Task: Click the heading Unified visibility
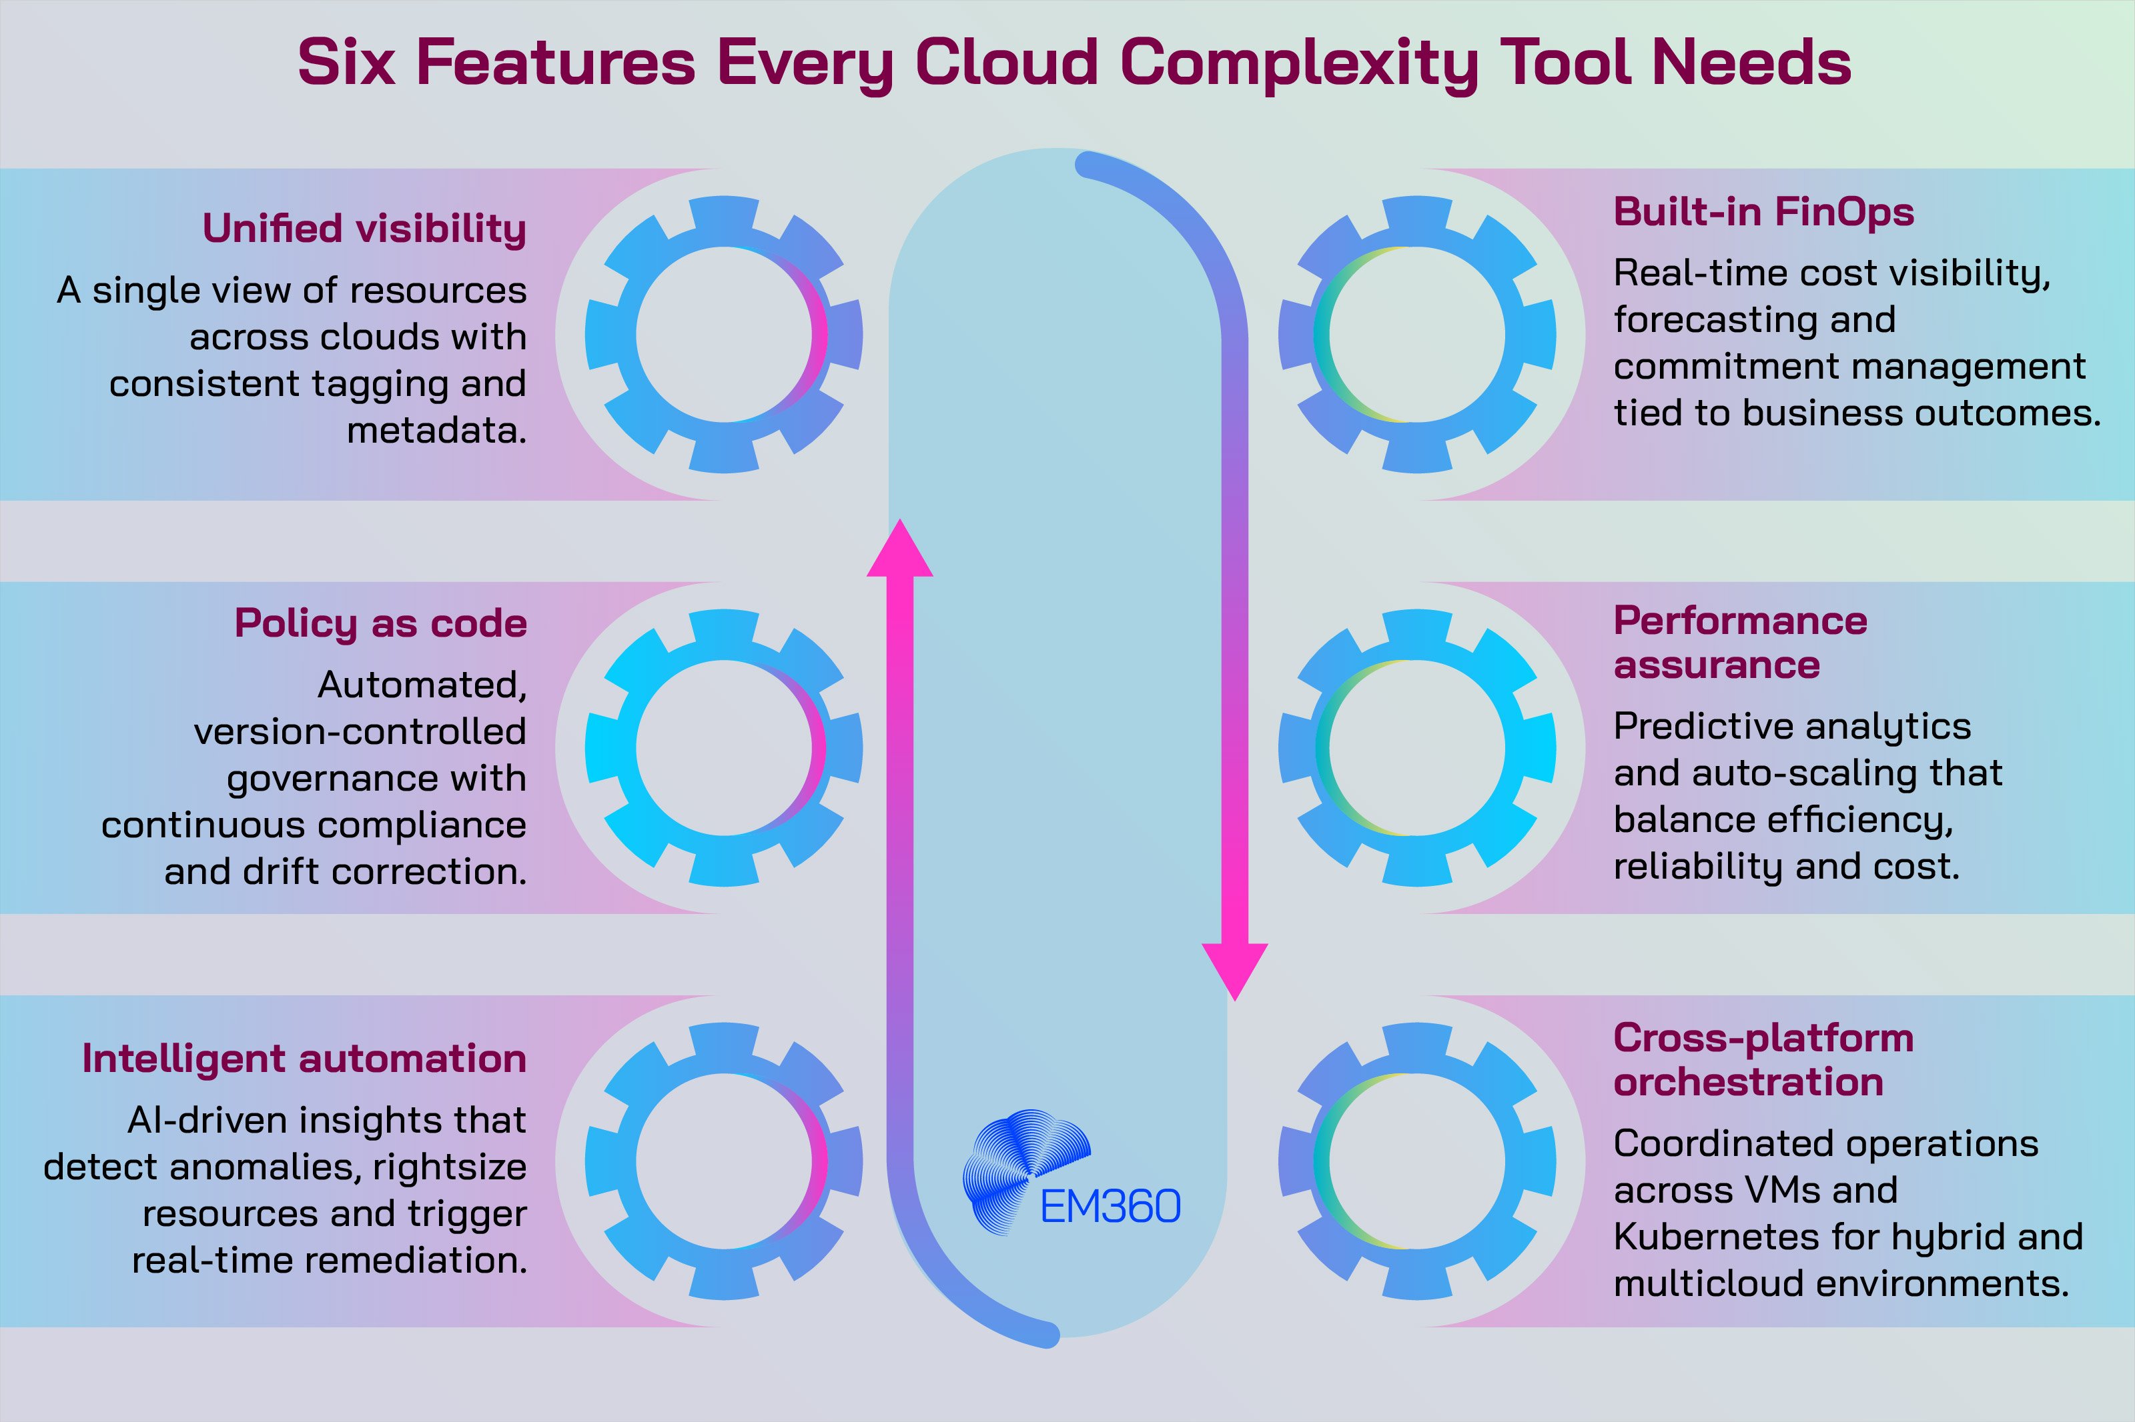coord(364,229)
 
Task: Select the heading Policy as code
coord(380,624)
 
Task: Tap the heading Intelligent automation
coord(304,1059)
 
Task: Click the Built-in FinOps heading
coord(1763,212)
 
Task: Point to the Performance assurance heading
coord(1739,643)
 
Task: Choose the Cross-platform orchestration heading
coord(1763,1059)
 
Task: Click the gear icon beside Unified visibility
coord(723,335)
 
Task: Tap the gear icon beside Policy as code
coord(723,748)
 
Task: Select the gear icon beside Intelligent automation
coord(723,1162)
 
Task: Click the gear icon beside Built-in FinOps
coord(1417,335)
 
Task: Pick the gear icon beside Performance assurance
coord(1417,748)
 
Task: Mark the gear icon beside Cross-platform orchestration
coord(1417,1162)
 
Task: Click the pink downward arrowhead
coord(1234,971)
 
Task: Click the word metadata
coord(436,430)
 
